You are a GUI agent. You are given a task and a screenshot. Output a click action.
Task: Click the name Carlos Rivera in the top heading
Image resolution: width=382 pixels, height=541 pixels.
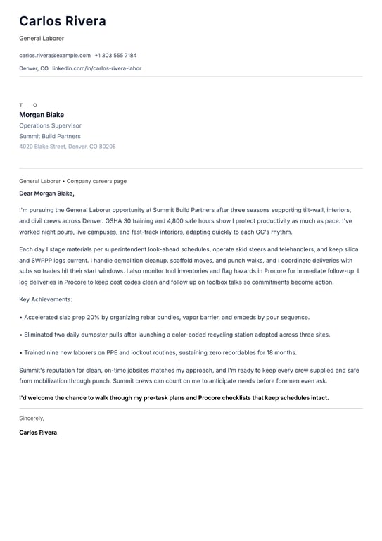(63, 21)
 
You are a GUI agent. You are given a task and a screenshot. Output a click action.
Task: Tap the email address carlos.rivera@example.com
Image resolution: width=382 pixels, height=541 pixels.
(55, 55)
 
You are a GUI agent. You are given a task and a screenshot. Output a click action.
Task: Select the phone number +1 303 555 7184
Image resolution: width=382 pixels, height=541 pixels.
(115, 55)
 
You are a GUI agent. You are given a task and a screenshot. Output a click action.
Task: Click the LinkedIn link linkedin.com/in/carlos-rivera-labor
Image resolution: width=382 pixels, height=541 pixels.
(96, 68)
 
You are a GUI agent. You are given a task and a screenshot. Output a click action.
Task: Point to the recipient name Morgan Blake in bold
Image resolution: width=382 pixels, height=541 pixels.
(42, 115)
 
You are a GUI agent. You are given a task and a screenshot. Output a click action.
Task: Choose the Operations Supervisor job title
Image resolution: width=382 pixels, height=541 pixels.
(50, 125)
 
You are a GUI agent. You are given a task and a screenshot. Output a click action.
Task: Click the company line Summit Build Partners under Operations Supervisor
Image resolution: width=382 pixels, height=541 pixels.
(50, 136)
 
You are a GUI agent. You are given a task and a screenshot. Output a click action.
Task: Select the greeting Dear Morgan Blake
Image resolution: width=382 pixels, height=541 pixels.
(46, 193)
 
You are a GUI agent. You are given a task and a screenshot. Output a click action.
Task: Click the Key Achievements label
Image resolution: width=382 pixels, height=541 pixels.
(45, 300)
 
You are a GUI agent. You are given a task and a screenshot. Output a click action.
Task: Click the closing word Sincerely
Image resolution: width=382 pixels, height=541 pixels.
(32, 418)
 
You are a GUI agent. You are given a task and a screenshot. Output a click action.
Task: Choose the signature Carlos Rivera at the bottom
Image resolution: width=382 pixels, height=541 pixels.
(38, 432)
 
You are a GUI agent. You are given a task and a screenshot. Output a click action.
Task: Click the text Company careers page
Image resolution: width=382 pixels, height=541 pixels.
(96, 181)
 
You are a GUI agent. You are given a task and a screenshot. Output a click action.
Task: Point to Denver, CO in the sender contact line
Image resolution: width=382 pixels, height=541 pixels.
(34, 68)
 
